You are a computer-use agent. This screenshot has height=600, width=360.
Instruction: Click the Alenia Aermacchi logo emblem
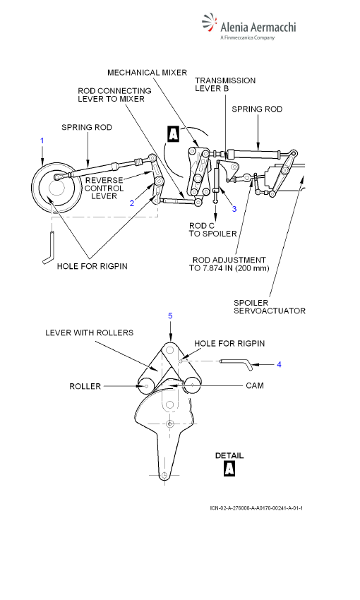point(209,23)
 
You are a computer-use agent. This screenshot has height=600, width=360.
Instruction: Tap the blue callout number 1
point(42,140)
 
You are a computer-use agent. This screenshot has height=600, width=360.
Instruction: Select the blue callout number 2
point(132,203)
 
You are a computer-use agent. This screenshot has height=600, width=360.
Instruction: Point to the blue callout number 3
point(234,208)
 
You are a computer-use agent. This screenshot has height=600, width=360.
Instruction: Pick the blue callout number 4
point(279,364)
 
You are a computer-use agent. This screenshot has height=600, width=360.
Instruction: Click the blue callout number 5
point(170,316)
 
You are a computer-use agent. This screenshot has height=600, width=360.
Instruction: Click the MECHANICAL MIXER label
point(148,72)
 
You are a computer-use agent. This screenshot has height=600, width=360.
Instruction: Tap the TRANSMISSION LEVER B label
point(225,84)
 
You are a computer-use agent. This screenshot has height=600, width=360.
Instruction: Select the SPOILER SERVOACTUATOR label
point(270,306)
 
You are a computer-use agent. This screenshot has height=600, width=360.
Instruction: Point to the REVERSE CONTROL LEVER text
point(104,188)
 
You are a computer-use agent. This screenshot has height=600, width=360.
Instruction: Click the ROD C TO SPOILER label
point(212,229)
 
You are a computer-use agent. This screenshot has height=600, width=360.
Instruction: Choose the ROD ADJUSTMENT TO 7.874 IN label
point(229,264)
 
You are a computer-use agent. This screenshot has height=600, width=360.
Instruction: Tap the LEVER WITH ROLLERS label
point(89,332)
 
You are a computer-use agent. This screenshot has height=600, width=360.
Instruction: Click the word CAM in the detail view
point(255,385)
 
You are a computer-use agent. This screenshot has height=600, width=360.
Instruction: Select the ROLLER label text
point(85,386)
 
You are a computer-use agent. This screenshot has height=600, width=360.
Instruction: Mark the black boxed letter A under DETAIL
point(229,469)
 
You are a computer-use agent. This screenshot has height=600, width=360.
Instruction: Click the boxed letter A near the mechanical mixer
point(174,134)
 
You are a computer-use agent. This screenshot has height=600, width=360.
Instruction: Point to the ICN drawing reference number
point(256,508)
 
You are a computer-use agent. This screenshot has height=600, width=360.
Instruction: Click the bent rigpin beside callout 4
point(237,362)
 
